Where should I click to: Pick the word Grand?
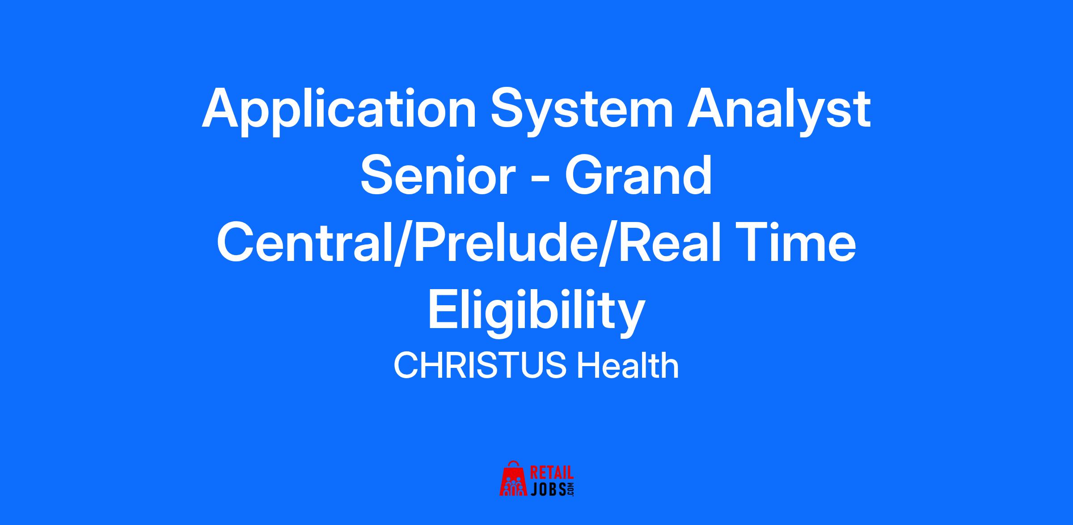[638, 175]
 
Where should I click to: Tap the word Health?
[628, 365]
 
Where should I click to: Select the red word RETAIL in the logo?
[552, 474]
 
